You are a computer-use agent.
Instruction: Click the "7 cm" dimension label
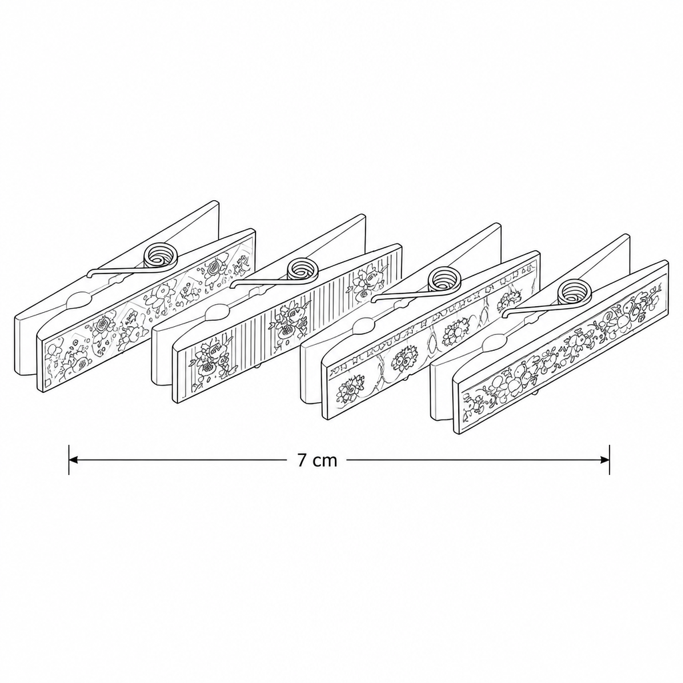click(x=317, y=460)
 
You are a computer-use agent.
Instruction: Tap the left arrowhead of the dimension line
click(x=73, y=460)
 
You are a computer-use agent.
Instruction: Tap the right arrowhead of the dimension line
click(x=604, y=460)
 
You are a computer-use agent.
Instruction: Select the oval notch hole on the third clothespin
click(x=364, y=324)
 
